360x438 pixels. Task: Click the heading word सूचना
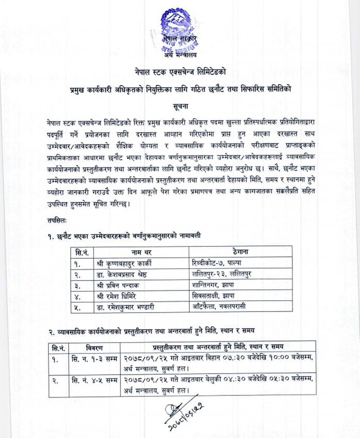[x=180, y=106]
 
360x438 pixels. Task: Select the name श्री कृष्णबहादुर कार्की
[x=124, y=263]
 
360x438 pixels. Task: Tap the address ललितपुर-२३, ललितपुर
[x=222, y=274]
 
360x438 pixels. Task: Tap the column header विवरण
[x=95, y=347]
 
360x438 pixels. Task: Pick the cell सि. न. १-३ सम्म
[x=94, y=359]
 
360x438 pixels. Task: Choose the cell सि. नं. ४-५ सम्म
[x=94, y=380]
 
